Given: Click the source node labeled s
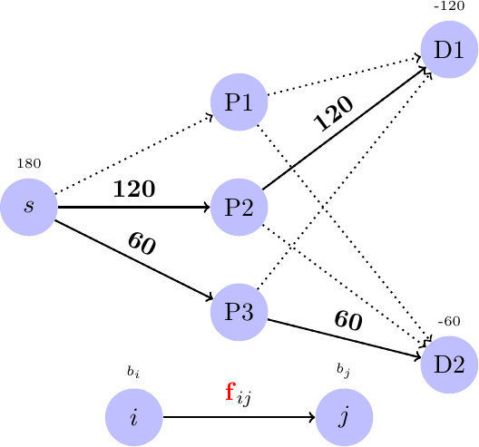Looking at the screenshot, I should pos(29,207).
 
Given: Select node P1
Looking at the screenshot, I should pos(239,102).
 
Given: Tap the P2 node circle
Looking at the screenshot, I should pos(239,207).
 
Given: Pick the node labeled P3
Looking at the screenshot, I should pos(239,312).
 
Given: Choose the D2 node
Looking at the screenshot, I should pos(449,364).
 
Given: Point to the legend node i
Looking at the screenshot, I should pos(133,417).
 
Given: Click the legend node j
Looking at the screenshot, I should pos(344,417).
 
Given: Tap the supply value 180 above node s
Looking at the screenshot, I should pos(28,164).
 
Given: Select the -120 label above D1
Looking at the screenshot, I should pos(449,6).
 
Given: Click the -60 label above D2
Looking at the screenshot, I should pos(449,322).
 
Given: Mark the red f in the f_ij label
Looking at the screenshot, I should pos(230,393).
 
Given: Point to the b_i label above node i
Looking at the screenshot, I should pos(133,372).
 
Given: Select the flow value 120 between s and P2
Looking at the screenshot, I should pos(133,190).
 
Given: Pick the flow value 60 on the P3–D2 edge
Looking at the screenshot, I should pos(348,321).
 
